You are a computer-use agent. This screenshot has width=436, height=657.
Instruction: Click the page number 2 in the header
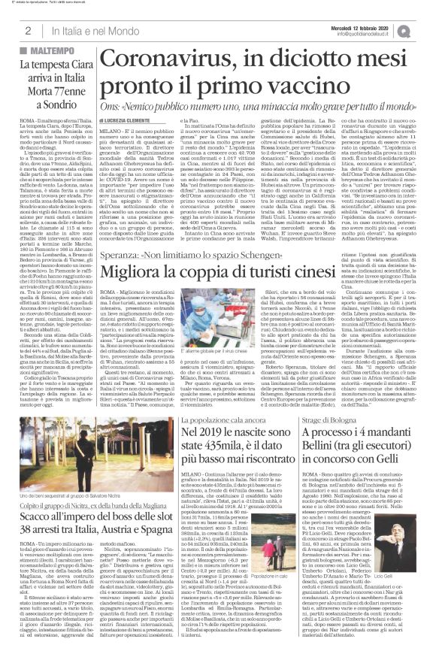coord(27,30)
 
